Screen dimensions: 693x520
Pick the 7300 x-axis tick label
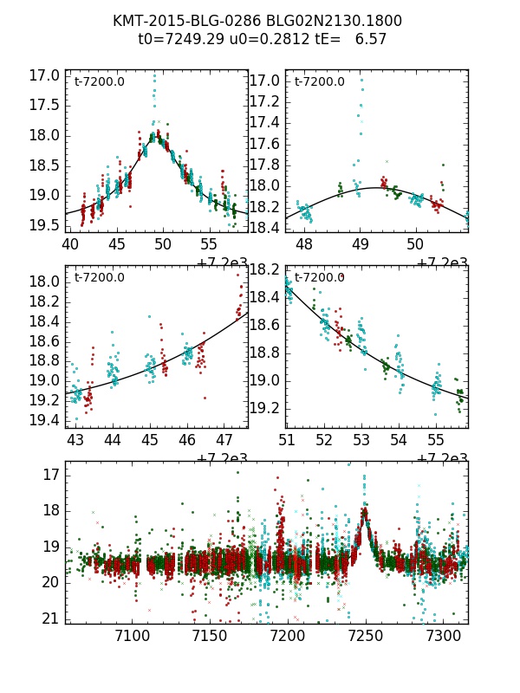click(443, 637)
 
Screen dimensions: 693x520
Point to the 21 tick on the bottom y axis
click(50, 618)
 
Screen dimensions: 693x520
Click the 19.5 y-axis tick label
click(44, 225)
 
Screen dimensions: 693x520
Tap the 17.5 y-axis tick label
click(44, 105)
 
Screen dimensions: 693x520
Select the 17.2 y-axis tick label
click(264, 101)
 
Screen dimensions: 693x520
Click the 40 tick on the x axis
click(70, 245)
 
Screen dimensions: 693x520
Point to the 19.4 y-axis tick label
click(44, 420)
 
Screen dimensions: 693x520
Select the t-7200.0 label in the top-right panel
click(319, 82)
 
